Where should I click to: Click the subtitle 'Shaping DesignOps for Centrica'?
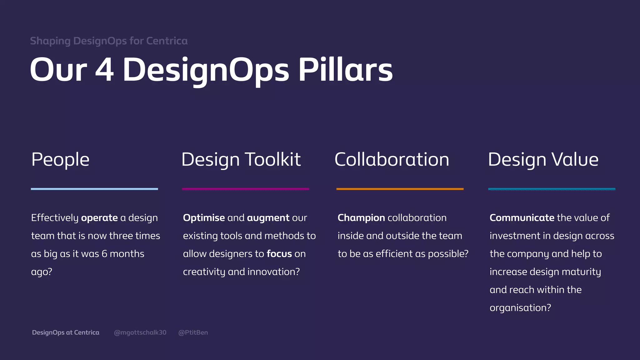pos(109,41)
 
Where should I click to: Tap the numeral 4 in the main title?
pos(104,70)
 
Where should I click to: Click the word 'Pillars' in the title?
pos(345,70)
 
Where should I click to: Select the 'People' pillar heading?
pos(60,159)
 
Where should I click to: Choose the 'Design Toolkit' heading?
pos(241,159)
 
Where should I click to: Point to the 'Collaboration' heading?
pos(392,159)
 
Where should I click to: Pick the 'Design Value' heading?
pos(543,159)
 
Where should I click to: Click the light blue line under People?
pos(94,189)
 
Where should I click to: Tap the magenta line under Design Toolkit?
pos(246,189)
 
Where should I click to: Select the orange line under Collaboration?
pos(400,189)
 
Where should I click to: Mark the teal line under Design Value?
pos(552,189)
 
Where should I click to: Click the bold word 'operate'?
pos(99,218)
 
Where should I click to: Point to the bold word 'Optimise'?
pos(204,218)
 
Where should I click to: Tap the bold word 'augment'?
pos(268,218)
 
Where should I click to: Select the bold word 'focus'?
pos(279,254)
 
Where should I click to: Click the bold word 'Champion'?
pos(361,218)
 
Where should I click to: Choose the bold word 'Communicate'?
pos(522,218)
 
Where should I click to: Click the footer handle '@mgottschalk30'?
pos(140,332)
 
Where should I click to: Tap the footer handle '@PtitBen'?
pos(193,332)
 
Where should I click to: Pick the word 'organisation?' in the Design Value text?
pos(520,308)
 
